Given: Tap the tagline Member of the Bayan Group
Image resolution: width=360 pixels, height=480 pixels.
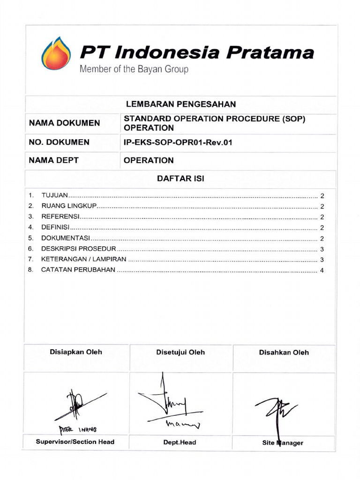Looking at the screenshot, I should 134,70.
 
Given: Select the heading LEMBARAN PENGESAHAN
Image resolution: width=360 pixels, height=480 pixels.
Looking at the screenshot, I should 180,104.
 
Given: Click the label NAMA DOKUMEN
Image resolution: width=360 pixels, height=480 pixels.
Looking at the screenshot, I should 64,123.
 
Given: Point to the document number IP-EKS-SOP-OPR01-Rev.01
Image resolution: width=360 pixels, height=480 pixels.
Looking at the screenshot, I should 178,142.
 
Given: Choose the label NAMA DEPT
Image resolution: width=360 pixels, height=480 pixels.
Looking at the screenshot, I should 53,160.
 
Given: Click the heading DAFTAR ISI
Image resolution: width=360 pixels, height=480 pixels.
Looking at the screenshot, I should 180,179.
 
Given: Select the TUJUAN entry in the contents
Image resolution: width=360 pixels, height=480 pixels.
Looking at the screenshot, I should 55,195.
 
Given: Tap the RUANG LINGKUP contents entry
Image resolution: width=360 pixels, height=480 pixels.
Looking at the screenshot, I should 68,206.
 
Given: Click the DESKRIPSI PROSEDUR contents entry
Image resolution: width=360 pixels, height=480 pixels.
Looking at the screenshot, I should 78,248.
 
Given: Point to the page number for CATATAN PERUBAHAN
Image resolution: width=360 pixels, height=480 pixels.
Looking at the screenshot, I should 322,270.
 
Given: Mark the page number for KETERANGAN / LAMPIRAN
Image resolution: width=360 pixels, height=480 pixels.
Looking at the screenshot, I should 322,260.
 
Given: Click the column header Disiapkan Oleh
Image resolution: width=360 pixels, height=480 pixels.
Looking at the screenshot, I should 75,352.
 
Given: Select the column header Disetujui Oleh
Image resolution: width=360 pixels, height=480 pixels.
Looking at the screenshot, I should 180,352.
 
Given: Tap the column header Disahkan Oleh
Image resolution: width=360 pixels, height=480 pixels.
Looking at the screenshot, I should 284,352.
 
